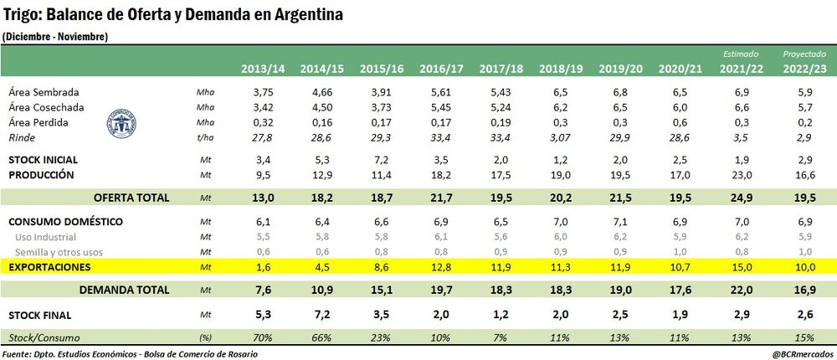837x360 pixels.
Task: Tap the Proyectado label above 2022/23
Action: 799,54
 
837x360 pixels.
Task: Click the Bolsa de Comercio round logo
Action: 124,121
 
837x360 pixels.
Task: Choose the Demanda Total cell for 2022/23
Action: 799,290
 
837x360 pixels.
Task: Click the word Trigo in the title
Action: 21,15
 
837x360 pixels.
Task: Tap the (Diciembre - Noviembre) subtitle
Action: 54,36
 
